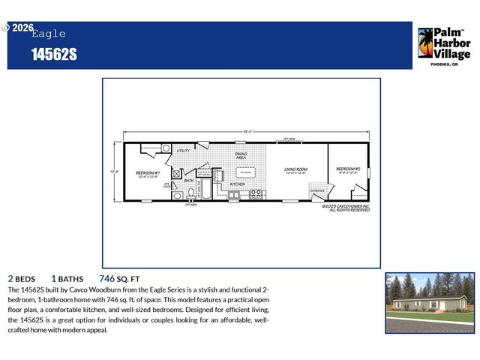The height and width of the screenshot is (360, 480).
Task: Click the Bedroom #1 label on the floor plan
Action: [x=146, y=173]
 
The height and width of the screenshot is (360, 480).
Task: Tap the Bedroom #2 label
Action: [x=348, y=169]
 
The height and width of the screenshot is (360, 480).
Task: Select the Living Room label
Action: [x=296, y=169]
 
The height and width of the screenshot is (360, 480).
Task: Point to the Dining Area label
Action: [x=241, y=156]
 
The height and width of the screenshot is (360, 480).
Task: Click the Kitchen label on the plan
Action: [x=237, y=184]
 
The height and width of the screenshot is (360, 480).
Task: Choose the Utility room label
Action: [x=183, y=151]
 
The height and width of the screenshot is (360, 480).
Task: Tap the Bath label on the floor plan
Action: [x=189, y=181]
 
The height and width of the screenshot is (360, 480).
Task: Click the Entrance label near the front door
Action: [x=318, y=190]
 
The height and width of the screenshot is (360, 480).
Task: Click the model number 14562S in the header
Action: [x=54, y=55]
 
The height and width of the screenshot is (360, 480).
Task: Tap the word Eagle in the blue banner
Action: [x=49, y=34]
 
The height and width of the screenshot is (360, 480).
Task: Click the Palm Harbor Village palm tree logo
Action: [x=425, y=43]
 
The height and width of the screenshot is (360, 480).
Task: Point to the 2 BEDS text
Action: [x=22, y=277]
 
